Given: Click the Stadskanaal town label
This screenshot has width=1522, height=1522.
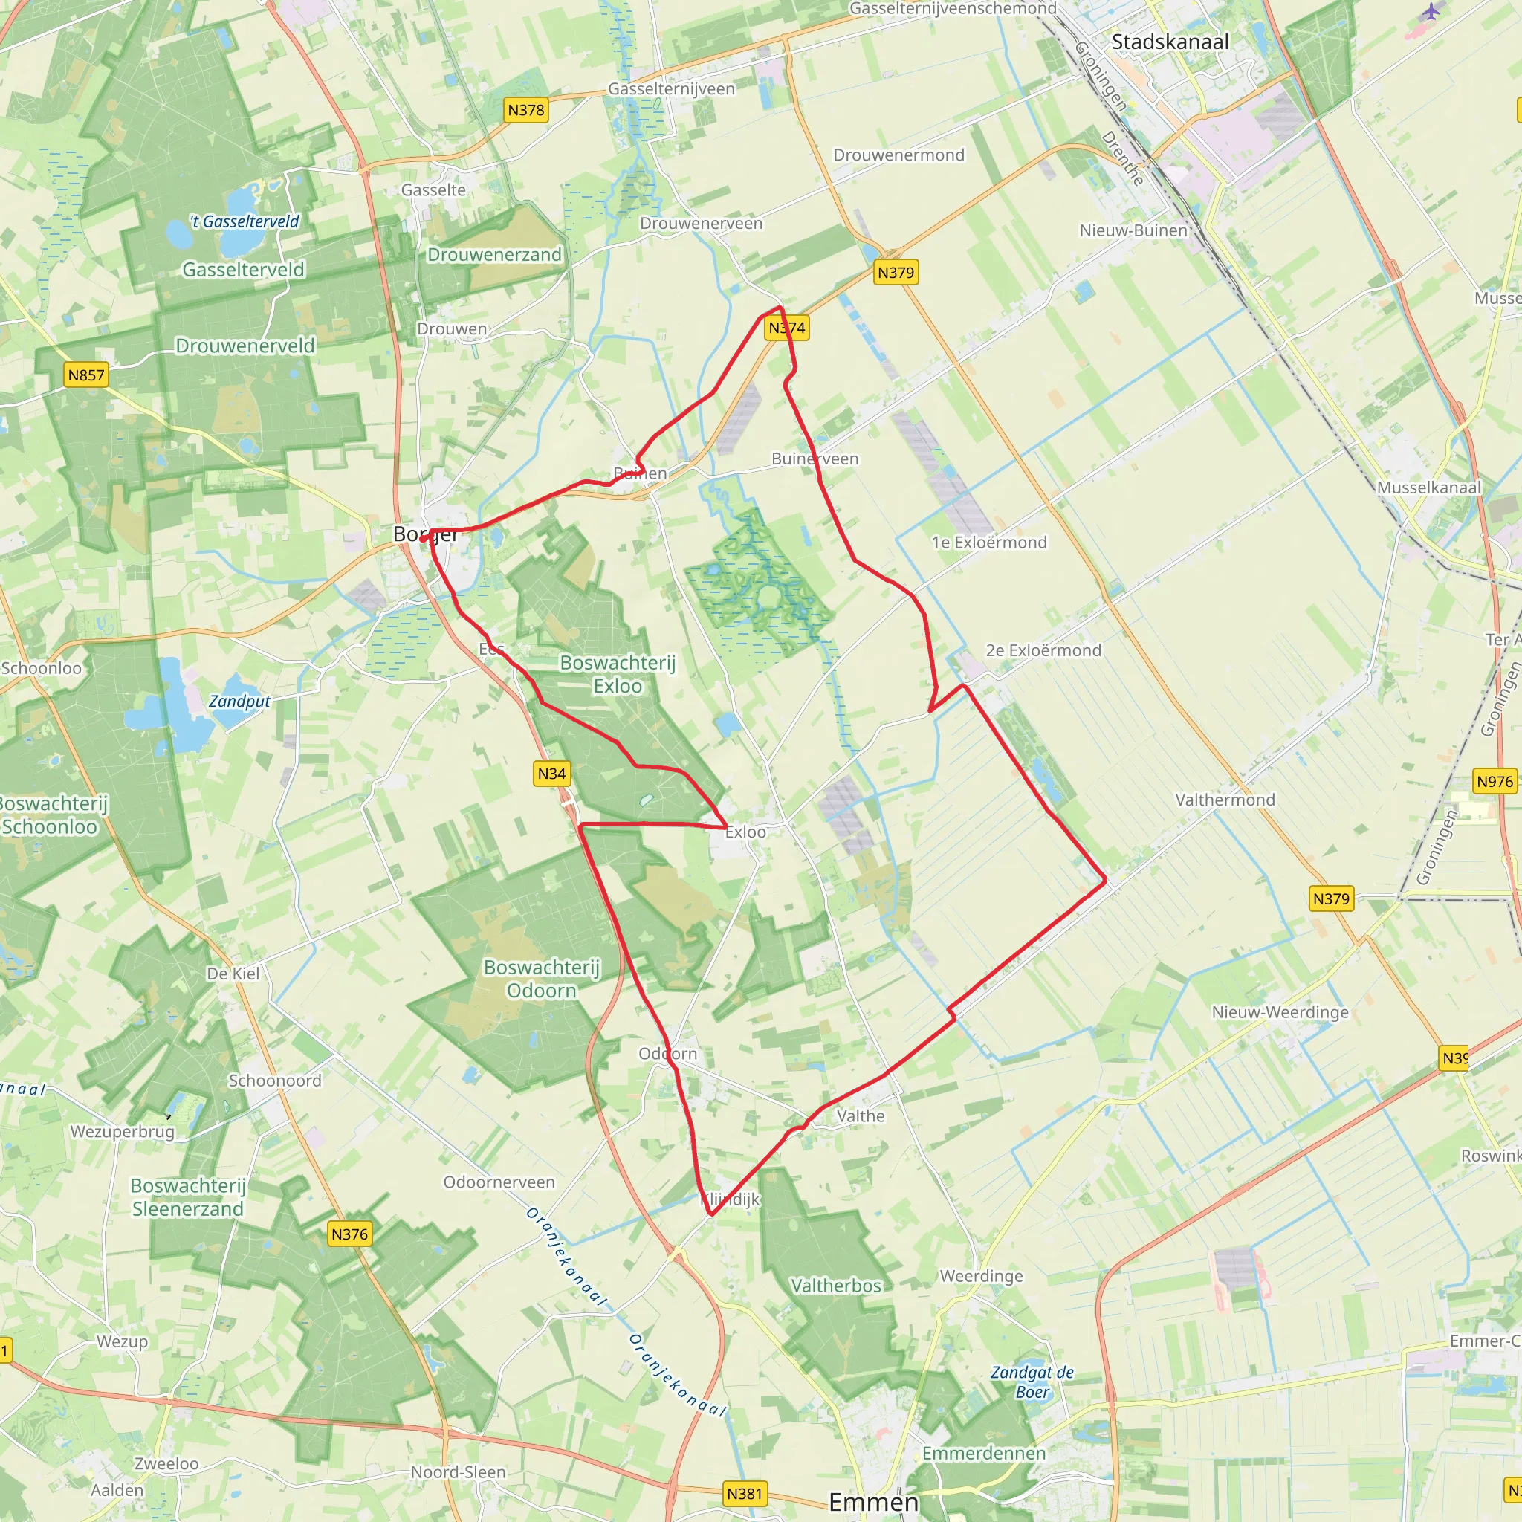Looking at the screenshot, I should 1170,42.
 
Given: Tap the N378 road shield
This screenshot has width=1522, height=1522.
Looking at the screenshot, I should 525,110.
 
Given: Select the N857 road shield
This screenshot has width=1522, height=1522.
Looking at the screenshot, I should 86,375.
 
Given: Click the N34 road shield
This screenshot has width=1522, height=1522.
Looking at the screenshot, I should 551,774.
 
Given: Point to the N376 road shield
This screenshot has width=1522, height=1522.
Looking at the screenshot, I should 349,1234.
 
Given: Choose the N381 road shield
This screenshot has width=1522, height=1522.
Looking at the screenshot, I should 745,1494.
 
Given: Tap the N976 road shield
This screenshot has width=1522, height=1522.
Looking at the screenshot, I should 1495,782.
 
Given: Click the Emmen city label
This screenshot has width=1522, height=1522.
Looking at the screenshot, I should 874,1502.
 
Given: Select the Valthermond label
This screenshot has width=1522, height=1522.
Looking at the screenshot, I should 1225,800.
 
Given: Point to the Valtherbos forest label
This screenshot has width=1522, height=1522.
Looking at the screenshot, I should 836,1286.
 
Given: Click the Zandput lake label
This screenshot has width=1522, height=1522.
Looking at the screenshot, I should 239,701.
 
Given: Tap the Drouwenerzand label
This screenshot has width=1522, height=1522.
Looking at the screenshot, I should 494,254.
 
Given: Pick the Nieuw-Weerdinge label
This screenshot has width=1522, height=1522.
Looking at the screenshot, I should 1280,1012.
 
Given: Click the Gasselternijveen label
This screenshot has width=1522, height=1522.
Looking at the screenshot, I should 671,89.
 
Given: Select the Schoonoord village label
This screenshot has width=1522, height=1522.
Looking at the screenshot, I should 275,1080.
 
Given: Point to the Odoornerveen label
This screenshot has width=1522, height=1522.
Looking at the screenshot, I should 499,1182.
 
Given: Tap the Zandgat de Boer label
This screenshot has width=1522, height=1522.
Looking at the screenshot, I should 1032,1382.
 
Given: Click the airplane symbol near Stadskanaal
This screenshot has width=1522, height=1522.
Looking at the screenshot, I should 1431,12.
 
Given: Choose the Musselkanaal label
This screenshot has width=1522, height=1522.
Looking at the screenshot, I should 1429,488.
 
